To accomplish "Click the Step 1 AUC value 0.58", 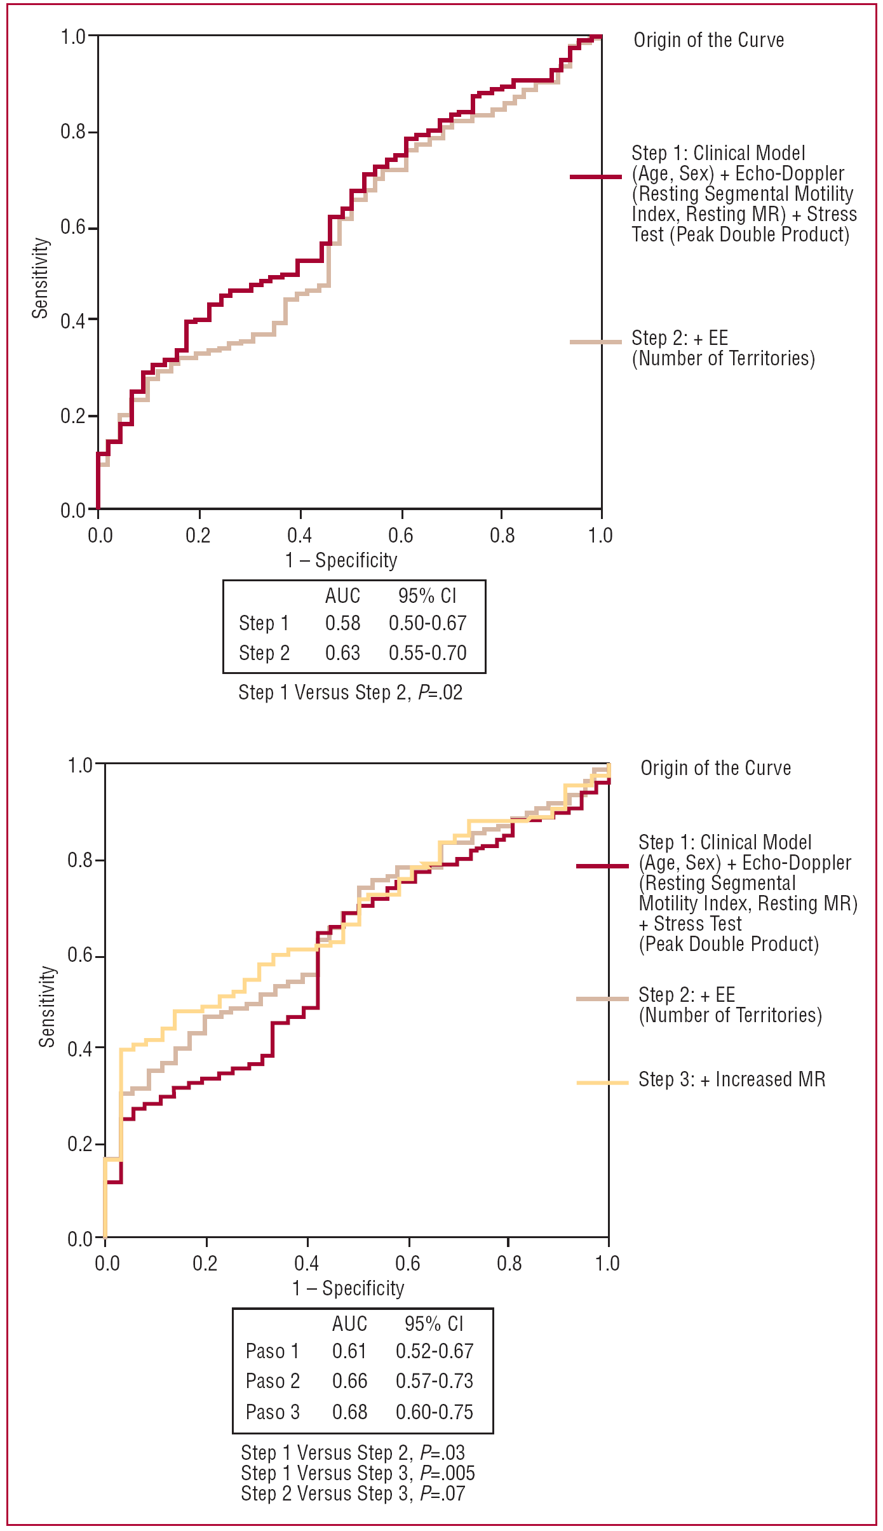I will [x=342, y=623].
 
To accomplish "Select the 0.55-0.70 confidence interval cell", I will [x=428, y=653].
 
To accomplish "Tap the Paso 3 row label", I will [x=273, y=1412].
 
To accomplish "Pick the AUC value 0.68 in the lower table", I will [x=349, y=1412].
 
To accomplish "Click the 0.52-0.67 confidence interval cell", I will [x=435, y=1351].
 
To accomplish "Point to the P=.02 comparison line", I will [x=350, y=692].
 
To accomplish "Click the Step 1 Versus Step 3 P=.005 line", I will [x=358, y=1473].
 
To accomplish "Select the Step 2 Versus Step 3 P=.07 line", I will [x=353, y=1494].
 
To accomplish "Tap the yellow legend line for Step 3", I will [x=602, y=1082].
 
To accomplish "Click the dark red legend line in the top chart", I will [x=595, y=177].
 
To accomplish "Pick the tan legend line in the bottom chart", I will [x=602, y=999].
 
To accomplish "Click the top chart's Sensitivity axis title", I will [x=41, y=278].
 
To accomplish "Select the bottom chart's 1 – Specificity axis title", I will [x=348, y=1288].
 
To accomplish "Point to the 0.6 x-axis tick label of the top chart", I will [x=401, y=536].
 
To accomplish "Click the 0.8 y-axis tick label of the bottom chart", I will [x=81, y=861].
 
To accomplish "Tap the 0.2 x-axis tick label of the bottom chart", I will [x=205, y=1263].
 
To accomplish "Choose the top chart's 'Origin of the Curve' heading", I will [x=709, y=40].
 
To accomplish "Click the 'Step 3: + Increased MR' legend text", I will [x=732, y=1080].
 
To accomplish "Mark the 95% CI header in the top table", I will [x=427, y=596].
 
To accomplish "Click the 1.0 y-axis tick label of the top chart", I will [x=74, y=37].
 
